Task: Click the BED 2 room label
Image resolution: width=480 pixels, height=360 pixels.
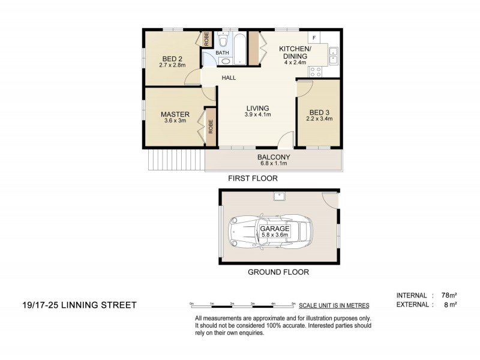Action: [x=171, y=59]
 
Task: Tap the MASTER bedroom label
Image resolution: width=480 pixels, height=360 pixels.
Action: [x=175, y=114]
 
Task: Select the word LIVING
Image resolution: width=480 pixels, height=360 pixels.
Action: [x=257, y=108]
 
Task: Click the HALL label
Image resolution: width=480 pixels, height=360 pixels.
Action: [x=229, y=78]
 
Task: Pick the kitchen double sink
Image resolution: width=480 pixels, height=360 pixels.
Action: [x=333, y=55]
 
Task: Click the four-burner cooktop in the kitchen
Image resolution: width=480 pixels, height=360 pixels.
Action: [x=315, y=71]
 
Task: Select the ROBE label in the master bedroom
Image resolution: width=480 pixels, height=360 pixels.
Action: [x=211, y=126]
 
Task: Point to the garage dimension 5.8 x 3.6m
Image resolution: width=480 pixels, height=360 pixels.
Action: [x=275, y=235]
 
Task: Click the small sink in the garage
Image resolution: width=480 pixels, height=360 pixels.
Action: [x=280, y=196]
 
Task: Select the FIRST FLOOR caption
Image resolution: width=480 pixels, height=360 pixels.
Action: [x=252, y=179]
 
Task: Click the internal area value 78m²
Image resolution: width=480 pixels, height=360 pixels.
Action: [x=449, y=295]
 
